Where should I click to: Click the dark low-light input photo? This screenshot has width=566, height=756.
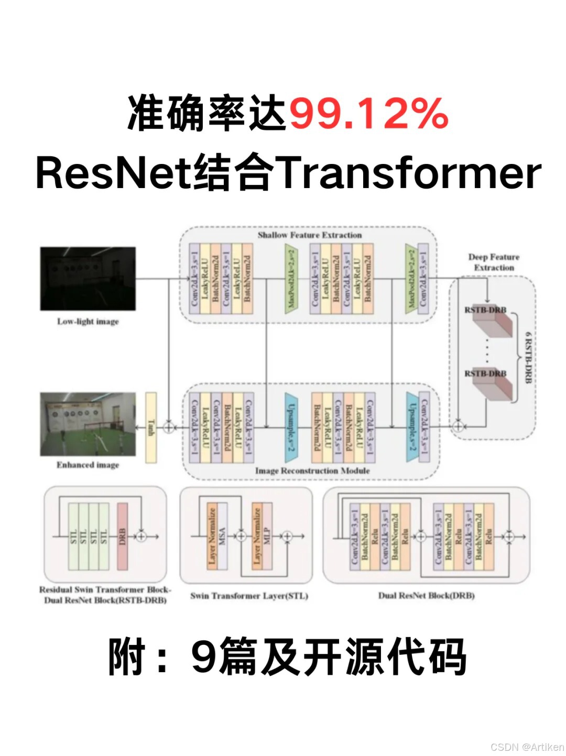tap(88, 279)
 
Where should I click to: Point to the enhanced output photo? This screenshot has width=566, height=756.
tap(88, 424)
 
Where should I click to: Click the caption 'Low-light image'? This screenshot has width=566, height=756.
tap(88, 321)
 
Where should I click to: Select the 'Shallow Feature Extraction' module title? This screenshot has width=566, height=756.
tap(309, 235)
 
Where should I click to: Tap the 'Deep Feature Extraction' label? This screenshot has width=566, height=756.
tap(494, 262)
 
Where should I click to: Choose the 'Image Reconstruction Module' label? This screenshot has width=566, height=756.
tap(312, 470)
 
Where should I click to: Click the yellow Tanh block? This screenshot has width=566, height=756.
tap(151, 427)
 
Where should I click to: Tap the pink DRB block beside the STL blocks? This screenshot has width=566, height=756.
tap(122, 536)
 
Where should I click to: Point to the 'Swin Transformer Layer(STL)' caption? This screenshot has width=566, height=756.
tap(249, 596)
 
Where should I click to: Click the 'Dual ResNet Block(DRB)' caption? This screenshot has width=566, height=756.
tap(427, 595)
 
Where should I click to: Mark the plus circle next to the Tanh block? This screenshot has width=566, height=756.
tap(168, 427)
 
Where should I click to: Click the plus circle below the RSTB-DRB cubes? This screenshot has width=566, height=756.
tap(458, 426)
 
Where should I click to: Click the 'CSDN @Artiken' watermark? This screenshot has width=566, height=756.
tap(527, 747)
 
